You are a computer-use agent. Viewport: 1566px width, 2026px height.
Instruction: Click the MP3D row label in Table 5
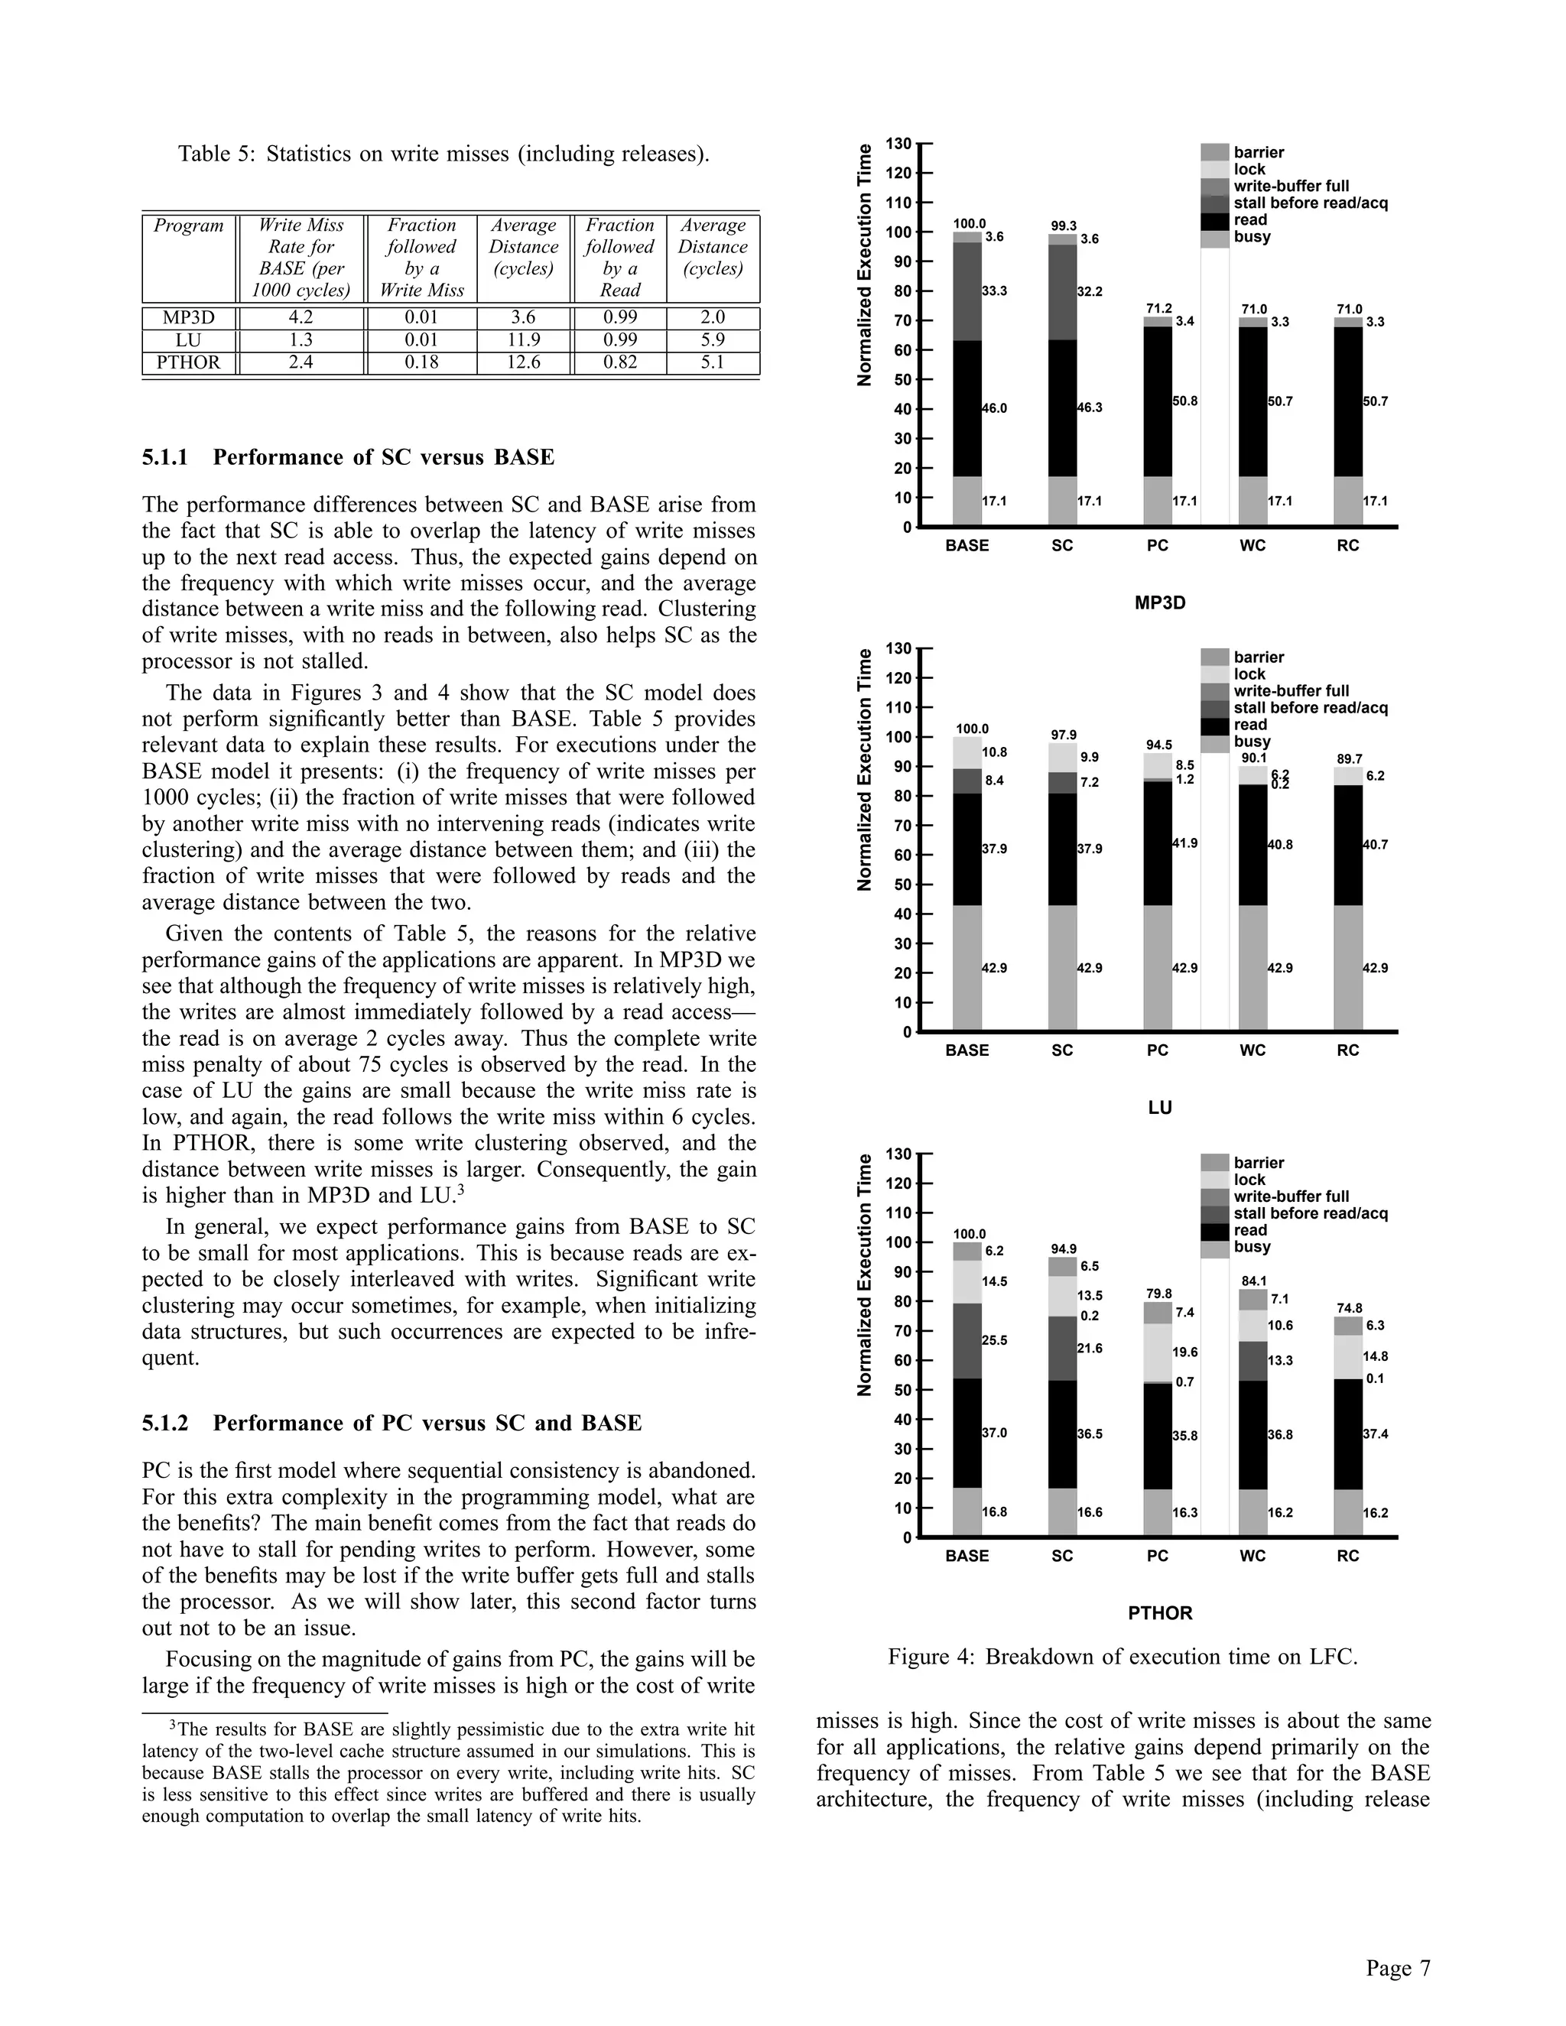coord(188,317)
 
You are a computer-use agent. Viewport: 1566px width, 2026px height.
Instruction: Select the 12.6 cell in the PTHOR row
coord(523,362)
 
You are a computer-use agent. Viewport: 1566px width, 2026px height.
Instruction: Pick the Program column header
coord(188,226)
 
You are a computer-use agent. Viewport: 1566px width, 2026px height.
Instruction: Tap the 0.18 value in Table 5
coord(421,362)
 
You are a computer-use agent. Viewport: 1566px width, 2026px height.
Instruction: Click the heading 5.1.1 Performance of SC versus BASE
coord(348,457)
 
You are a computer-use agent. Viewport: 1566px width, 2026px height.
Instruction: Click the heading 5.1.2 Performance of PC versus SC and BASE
coord(391,1423)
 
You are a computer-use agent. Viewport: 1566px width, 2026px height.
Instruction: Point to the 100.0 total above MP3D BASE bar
coord(970,223)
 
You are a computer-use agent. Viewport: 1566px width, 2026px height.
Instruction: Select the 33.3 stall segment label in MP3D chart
coord(995,291)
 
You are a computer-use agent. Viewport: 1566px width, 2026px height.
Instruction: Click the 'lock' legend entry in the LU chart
coord(1249,674)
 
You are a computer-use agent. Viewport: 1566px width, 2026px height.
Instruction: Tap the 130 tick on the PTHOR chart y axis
coord(898,1153)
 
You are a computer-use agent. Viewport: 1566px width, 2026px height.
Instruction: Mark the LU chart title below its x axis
coord(1160,1108)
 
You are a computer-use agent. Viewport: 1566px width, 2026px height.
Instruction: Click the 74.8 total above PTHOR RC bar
coord(1349,1308)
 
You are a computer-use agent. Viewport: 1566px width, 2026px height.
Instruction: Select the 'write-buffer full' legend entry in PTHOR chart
coord(1291,1196)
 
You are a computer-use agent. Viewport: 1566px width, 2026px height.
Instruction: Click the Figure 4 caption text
coord(1123,1657)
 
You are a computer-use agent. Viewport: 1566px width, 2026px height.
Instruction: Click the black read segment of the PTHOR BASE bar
coord(967,1433)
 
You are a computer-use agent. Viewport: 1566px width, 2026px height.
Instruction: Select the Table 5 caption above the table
coord(443,154)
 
